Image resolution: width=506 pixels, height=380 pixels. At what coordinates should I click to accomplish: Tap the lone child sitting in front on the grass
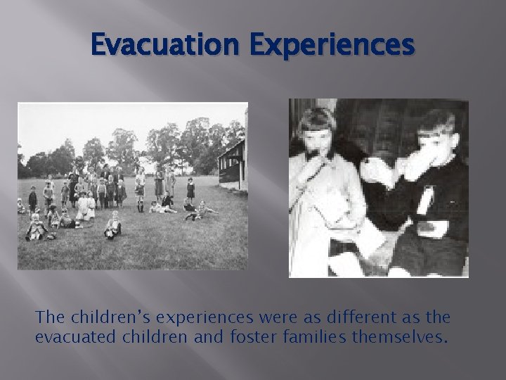(112, 226)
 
